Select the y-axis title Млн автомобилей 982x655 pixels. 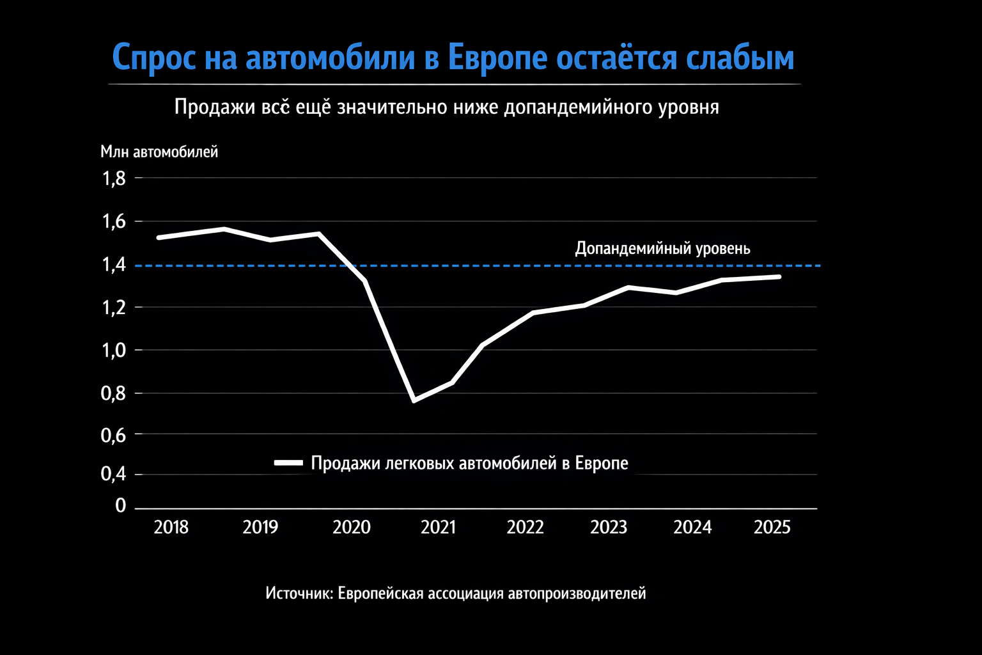pyautogui.click(x=159, y=152)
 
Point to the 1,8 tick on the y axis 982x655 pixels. pyautogui.click(x=114, y=178)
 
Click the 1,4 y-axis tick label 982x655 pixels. pyautogui.click(x=114, y=265)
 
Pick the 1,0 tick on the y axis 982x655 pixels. pyautogui.click(x=114, y=351)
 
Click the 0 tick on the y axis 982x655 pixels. pyautogui.click(x=121, y=506)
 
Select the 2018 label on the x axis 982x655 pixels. pyautogui.click(x=171, y=527)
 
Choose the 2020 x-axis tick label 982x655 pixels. pyautogui.click(x=352, y=527)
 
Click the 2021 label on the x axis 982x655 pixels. pyautogui.click(x=439, y=527)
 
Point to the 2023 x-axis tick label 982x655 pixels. pyautogui.click(x=609, y=527)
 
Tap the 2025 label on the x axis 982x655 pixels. pyautogui.click(x=772, y=527)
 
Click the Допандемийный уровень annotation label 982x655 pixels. pyautogui.click(x=662, y=248)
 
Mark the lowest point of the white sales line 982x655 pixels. pyautogui.click(x=414, y=400)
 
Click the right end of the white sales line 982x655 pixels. pyautogui.click(x=779, y=276)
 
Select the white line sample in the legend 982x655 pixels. pyautogui.click(x=288, y=462)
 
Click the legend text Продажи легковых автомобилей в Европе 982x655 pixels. pyautogui.click(x=469, y=463)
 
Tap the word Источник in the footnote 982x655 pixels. pyautogui.click(x=299, y=594)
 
